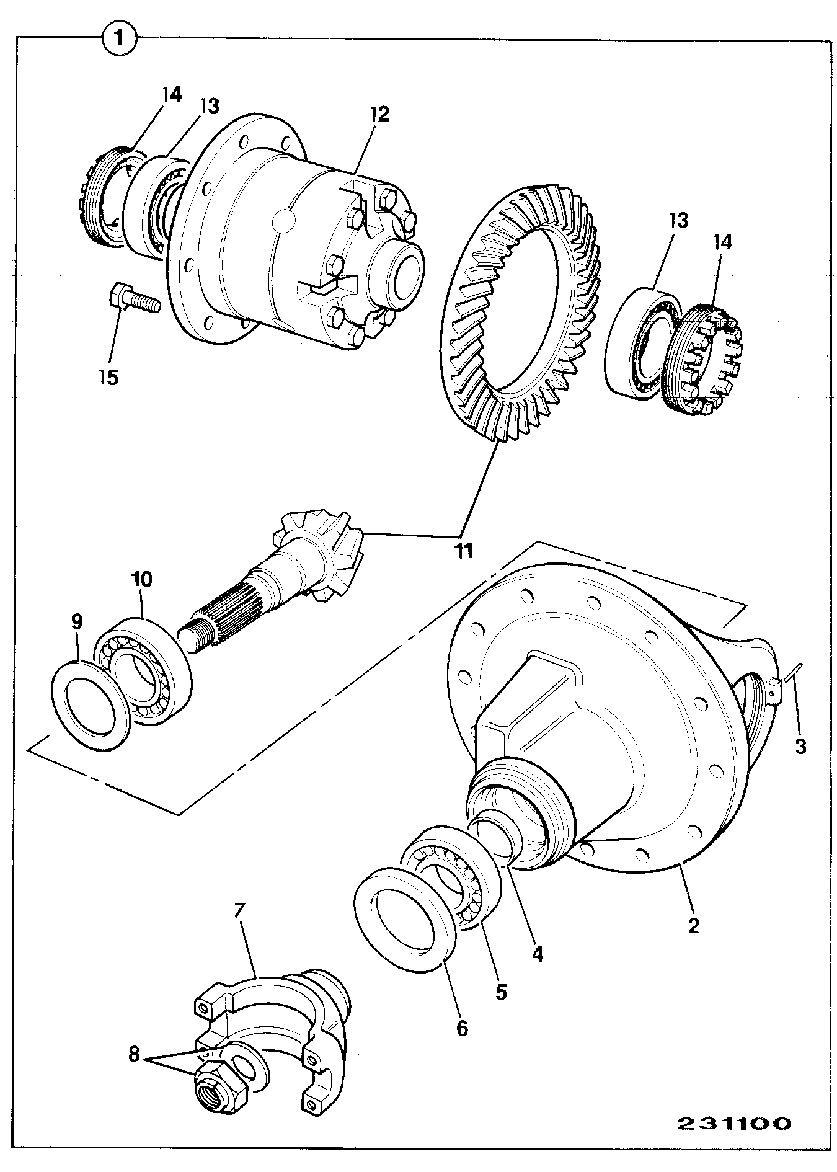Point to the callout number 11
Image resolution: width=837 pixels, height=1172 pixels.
point(463,549)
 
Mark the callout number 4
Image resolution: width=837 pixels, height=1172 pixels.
point(537,953)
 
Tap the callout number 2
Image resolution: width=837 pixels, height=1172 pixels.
point(693,925)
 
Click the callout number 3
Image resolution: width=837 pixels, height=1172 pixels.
point(800,747)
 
